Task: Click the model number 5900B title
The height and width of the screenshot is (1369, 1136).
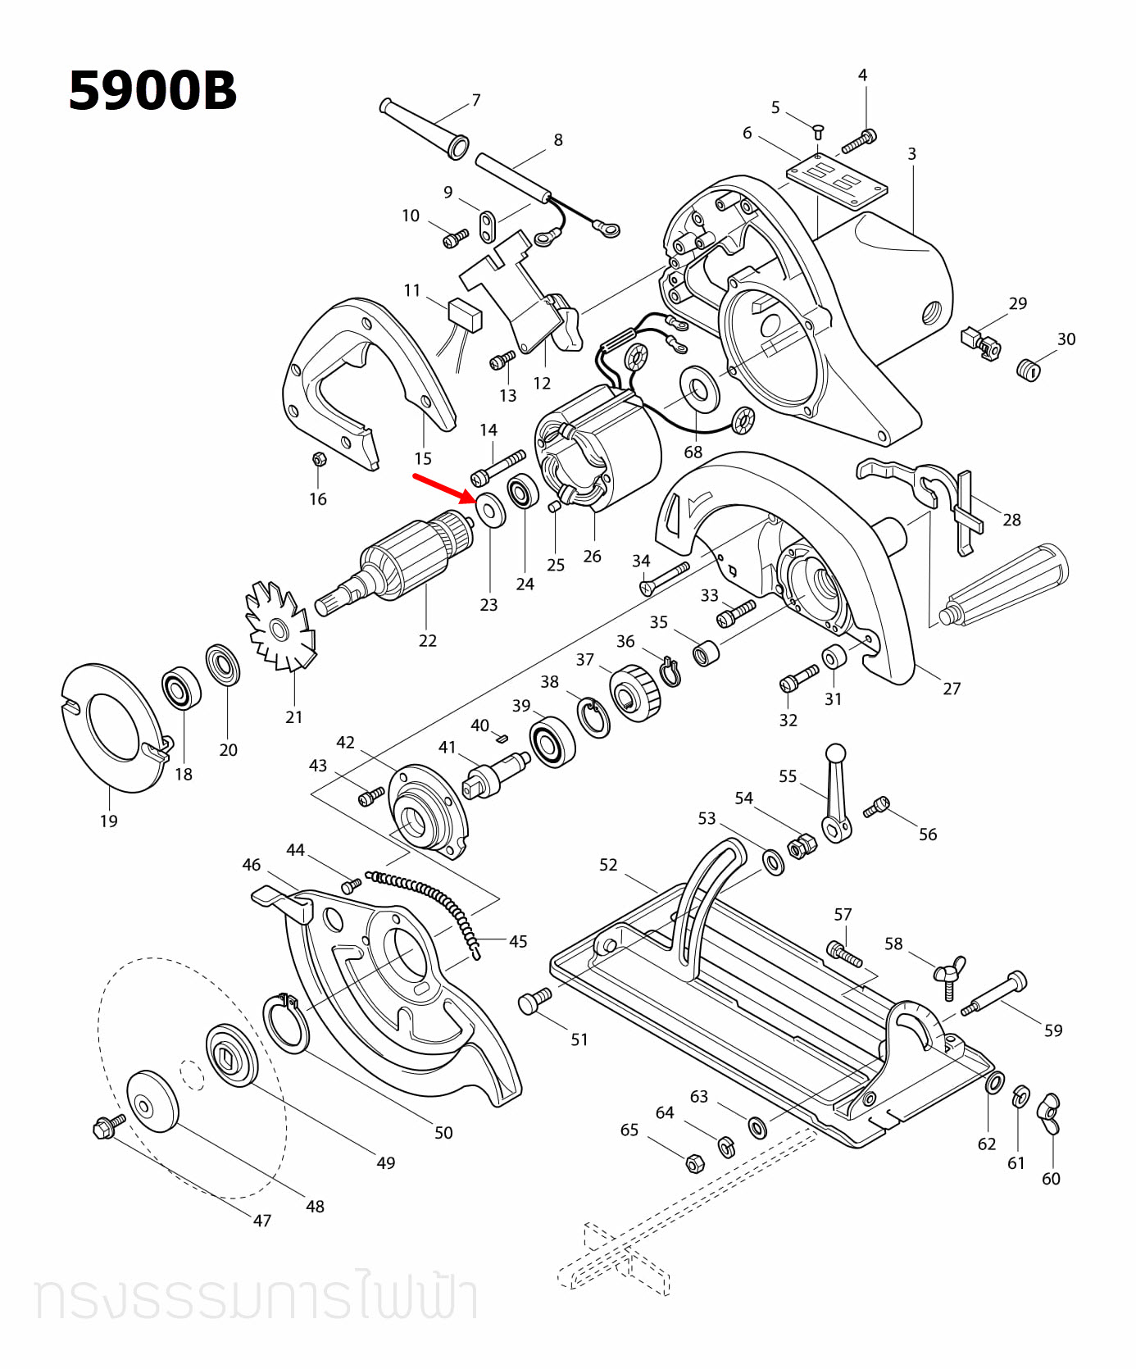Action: (x=152, y=90)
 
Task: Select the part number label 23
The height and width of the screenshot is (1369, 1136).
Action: (x=488, y=605)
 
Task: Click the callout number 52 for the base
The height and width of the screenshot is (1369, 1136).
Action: (x=608, y=865)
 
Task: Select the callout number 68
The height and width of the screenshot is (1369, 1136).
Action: (x=693, y=452)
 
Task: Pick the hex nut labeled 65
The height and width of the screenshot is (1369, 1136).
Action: (x=693, y=1162)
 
